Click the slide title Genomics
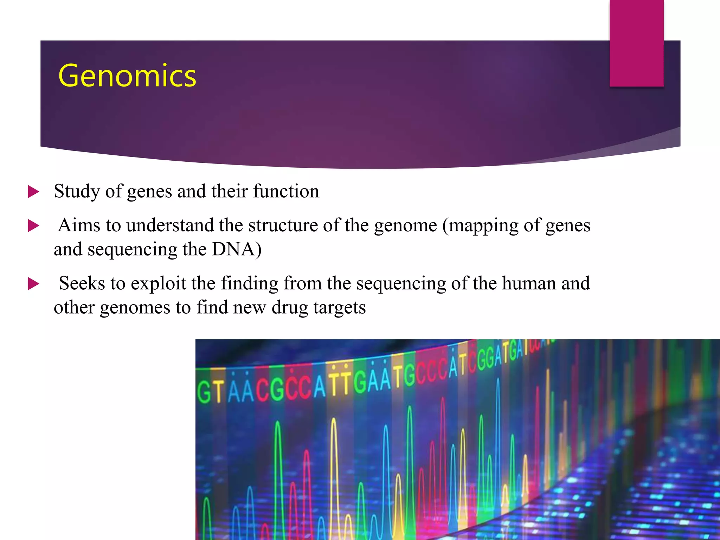point(127,76)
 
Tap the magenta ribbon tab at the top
point(636,43)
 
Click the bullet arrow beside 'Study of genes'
point(33,192)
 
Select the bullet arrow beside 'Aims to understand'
point(33,226)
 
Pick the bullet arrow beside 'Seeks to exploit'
point(33,284)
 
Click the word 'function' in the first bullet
point(286,191)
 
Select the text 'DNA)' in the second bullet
point(236,249)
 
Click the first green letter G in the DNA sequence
point(204,393)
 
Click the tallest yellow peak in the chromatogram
point(334,457)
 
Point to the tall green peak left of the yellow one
point(278,457)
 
